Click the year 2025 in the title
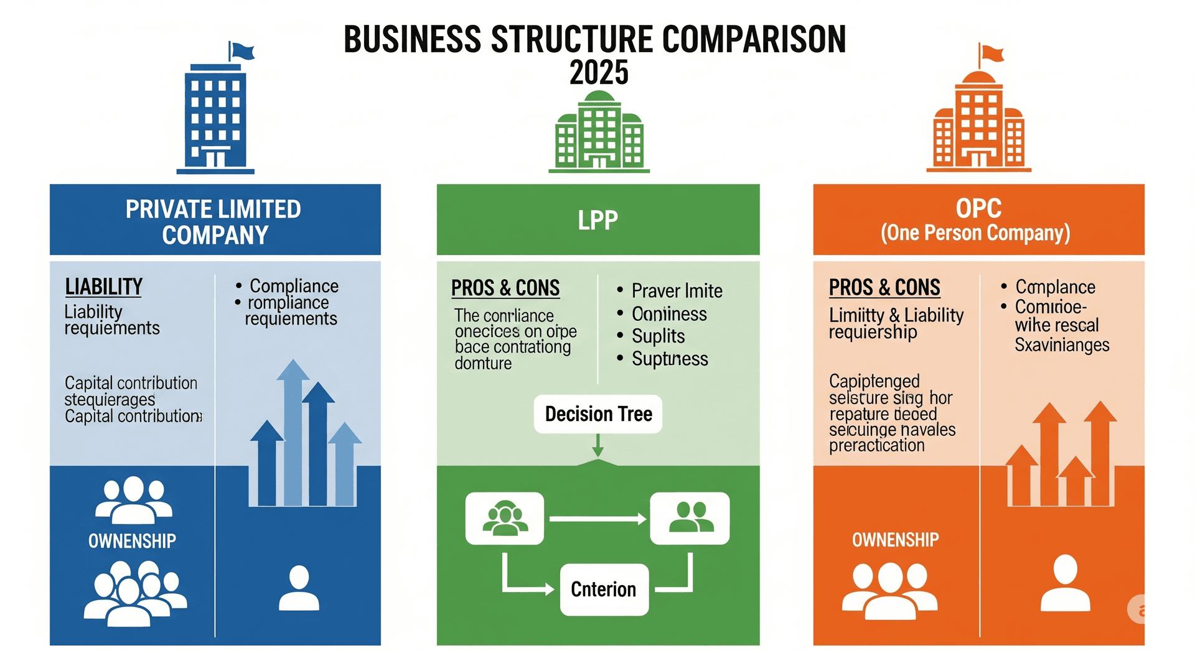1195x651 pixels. point(599,73)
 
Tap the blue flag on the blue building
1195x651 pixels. point(242,51)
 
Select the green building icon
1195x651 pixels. point(599,132)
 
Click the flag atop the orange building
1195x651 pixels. point(992,53)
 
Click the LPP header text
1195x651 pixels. point(597,220)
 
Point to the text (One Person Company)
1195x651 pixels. point(975,233)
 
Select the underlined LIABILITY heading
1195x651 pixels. point(104,287)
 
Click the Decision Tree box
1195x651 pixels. point(598,414)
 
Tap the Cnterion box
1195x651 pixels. point(604,589)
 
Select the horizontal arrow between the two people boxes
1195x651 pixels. point(597,519)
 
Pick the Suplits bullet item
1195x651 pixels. point(658,336)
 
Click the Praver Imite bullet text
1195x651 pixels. point(677,291)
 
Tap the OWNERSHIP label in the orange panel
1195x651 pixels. point(895,540)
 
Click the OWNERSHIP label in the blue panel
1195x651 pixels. point(132,541)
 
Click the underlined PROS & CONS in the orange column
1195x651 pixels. point(884,288)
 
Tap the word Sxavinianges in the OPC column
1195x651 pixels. point(1062,345)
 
